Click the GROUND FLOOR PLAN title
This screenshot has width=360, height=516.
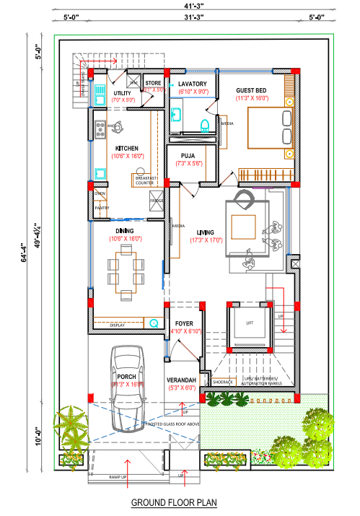click(174, 502)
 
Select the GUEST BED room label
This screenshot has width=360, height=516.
click(251, 91)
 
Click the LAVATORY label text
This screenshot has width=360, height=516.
click(193, 84)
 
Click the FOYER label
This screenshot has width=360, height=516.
click(184, 323)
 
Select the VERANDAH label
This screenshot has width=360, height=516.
click(181, 380)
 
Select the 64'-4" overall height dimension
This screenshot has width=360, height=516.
click(24, 253)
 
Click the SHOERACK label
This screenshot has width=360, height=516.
click(221, 382)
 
